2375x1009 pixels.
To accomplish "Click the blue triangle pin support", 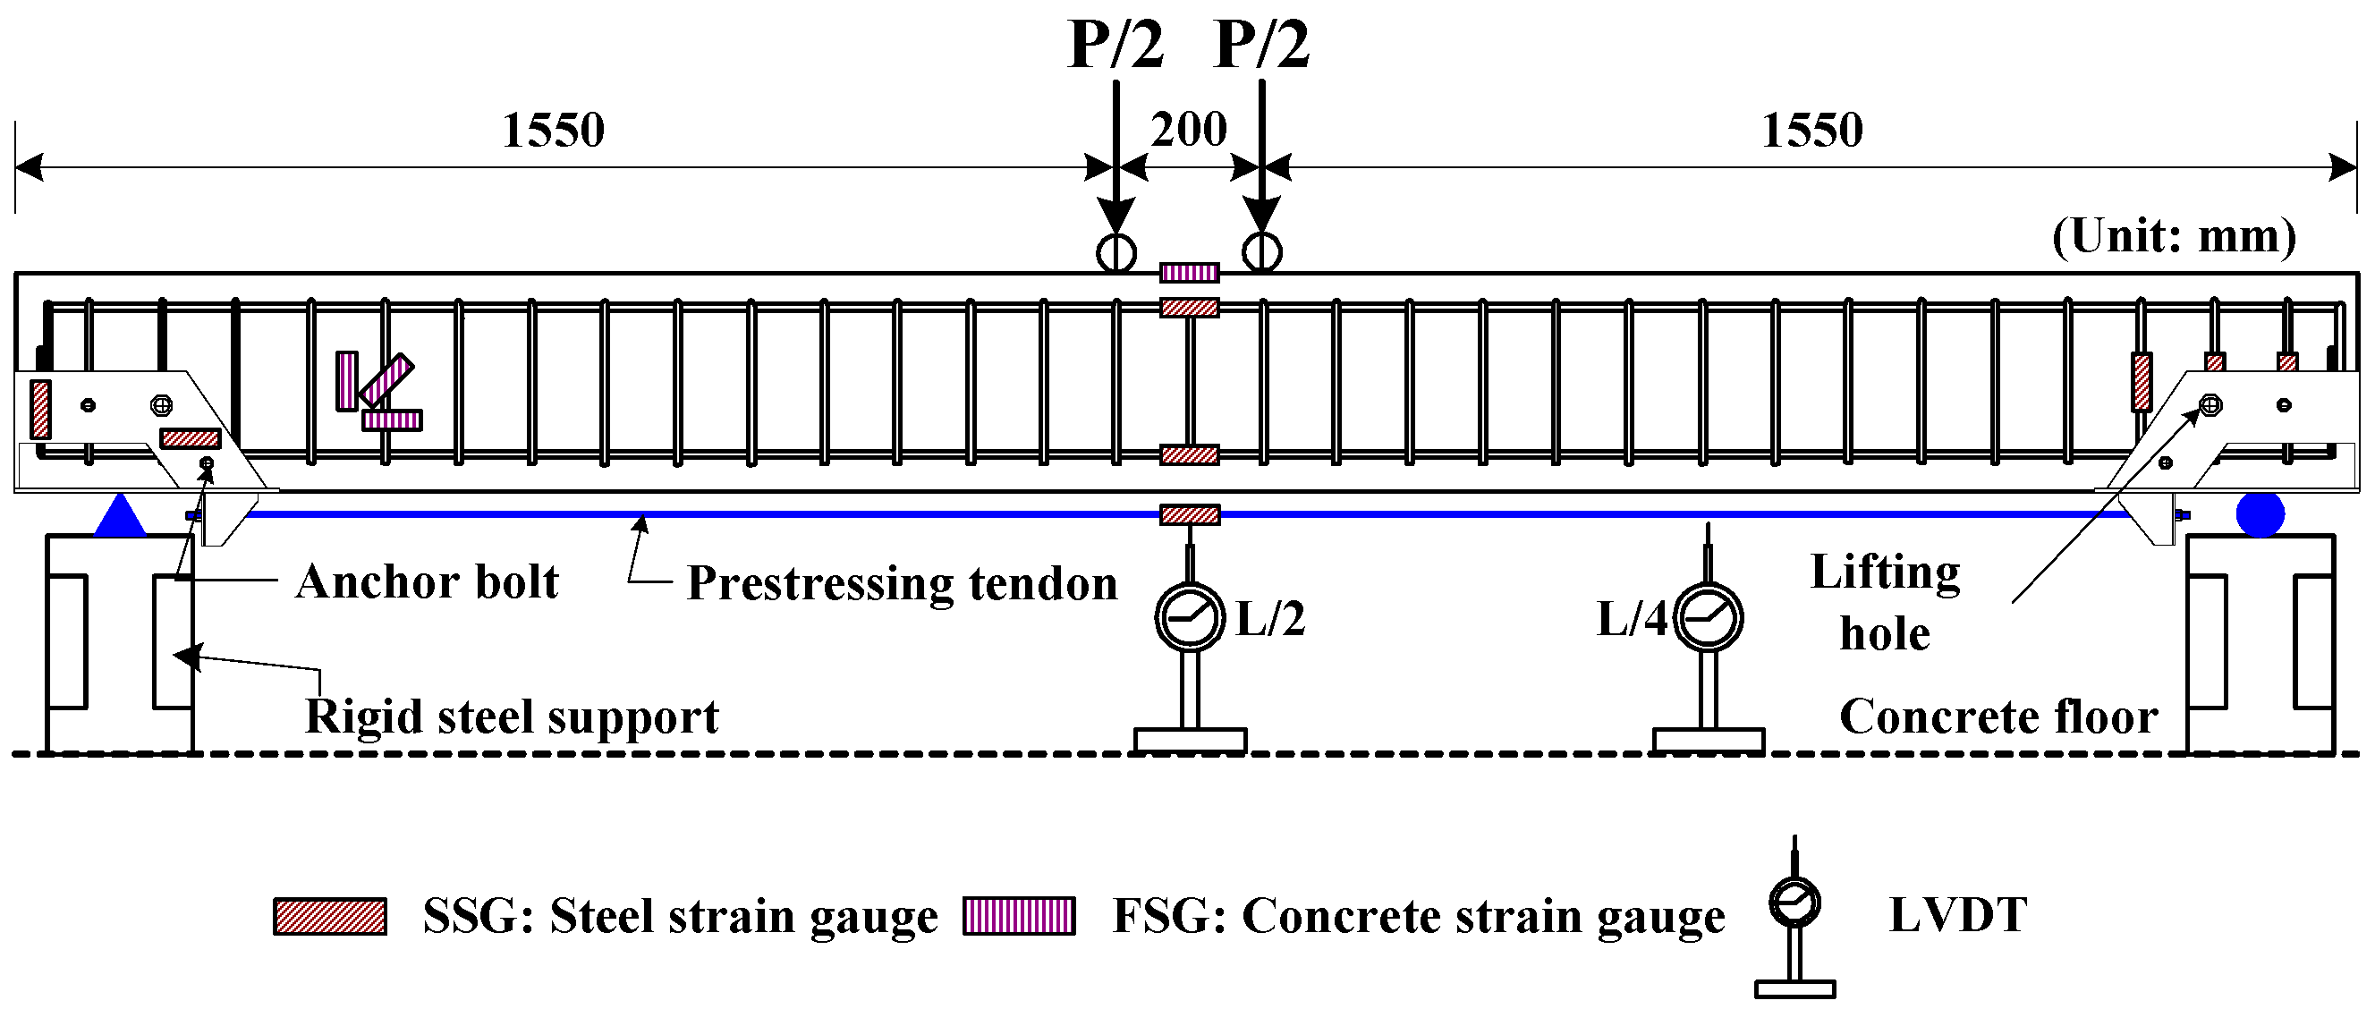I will pyautogui.click(x=120, y=517).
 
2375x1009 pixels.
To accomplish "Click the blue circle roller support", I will pyautogui.click(x=2260, y=513).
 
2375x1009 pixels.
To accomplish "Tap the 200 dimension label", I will pyautogui.click(x=1189, y=129).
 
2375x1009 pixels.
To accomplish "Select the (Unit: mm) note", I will pyautogui.click(x=2174, y=236).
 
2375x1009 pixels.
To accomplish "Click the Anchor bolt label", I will pyautogui.click(x=427, y=582).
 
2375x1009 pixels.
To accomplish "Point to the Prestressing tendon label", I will pyautogui.click(x=902, y=584).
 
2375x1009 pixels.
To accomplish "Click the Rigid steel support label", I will pyautogui.click(x=512, y=716).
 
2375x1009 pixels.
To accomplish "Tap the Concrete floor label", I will pyautogui.click(x=1998, y=716).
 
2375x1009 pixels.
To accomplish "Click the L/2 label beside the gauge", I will pyautogui.click(x=1269, y=619).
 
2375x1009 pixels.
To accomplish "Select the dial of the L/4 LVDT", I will pyautogui.click(x=1709, y=618).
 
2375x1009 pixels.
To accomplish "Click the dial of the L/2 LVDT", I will pyautogui.click(x=1190, y=618).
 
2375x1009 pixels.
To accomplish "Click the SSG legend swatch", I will pyautogui.click(x=329, y=916).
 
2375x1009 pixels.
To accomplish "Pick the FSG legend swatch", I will pyautogui.click(x=1019, y=916).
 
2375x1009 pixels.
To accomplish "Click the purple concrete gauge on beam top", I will pyautogui.click(x=1190, y=272).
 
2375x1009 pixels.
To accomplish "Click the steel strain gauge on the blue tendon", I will pyautogui.click(x=1190, y=514).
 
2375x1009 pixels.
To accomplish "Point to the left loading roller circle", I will pyautogui.click(x=1115, y=251).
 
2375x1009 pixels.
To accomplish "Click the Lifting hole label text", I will pyautogui.click(x=1885, y=602).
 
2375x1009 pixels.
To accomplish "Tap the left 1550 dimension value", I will pyautogui.click(x=553, y=130).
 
